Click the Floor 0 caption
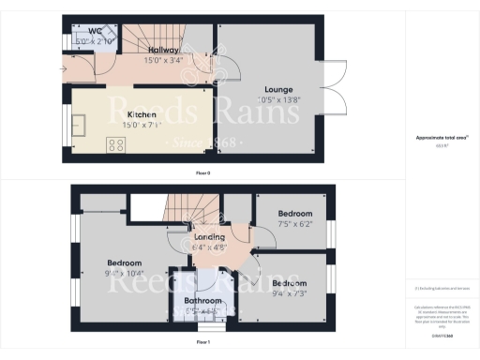[x=202, y=172]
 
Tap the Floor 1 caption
[x=202, y=343]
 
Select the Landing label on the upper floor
[x=209, y=237]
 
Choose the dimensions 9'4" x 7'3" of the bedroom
[x=289, y=293]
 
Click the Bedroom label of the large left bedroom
[x=124, y=262]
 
